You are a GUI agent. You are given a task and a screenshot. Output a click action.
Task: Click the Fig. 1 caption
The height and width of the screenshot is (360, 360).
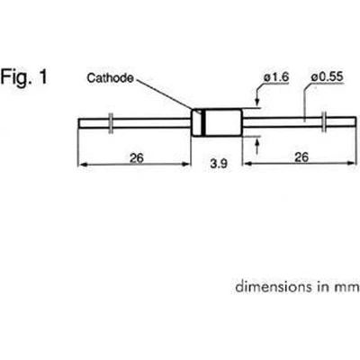[24, 77]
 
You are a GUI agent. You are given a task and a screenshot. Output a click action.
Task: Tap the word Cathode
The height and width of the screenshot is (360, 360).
[110, 78]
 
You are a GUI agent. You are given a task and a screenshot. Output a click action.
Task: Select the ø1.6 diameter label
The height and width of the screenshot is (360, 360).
[276, 77]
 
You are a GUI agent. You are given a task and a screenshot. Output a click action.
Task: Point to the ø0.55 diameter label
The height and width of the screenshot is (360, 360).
[327, 76]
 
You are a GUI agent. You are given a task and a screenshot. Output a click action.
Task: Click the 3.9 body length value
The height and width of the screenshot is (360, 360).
[219, 164]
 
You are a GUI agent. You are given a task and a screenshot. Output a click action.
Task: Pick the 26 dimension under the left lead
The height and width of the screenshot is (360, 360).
[137, 157]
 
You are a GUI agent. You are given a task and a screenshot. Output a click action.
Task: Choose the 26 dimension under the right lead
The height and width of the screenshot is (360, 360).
[301, 157]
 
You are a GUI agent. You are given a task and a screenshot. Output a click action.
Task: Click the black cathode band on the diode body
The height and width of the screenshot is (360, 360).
[203, 123]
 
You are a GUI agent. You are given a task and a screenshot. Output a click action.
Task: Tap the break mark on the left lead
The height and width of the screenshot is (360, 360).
[111, 123]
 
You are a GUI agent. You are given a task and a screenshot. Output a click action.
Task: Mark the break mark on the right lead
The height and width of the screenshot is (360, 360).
[324, 121]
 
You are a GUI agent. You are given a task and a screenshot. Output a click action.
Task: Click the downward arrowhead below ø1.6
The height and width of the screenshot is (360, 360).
[257, 101]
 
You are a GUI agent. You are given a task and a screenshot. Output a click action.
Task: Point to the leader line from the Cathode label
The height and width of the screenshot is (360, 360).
[164, 94]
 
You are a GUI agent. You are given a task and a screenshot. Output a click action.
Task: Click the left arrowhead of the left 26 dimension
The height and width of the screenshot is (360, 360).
[82, 165]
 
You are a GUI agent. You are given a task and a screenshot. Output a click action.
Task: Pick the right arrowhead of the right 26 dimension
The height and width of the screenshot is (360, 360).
[351, 163]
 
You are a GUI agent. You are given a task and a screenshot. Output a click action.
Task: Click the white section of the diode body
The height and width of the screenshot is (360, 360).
[223, 123]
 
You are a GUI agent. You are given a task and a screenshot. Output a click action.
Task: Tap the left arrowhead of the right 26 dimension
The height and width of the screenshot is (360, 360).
[247, 164]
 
